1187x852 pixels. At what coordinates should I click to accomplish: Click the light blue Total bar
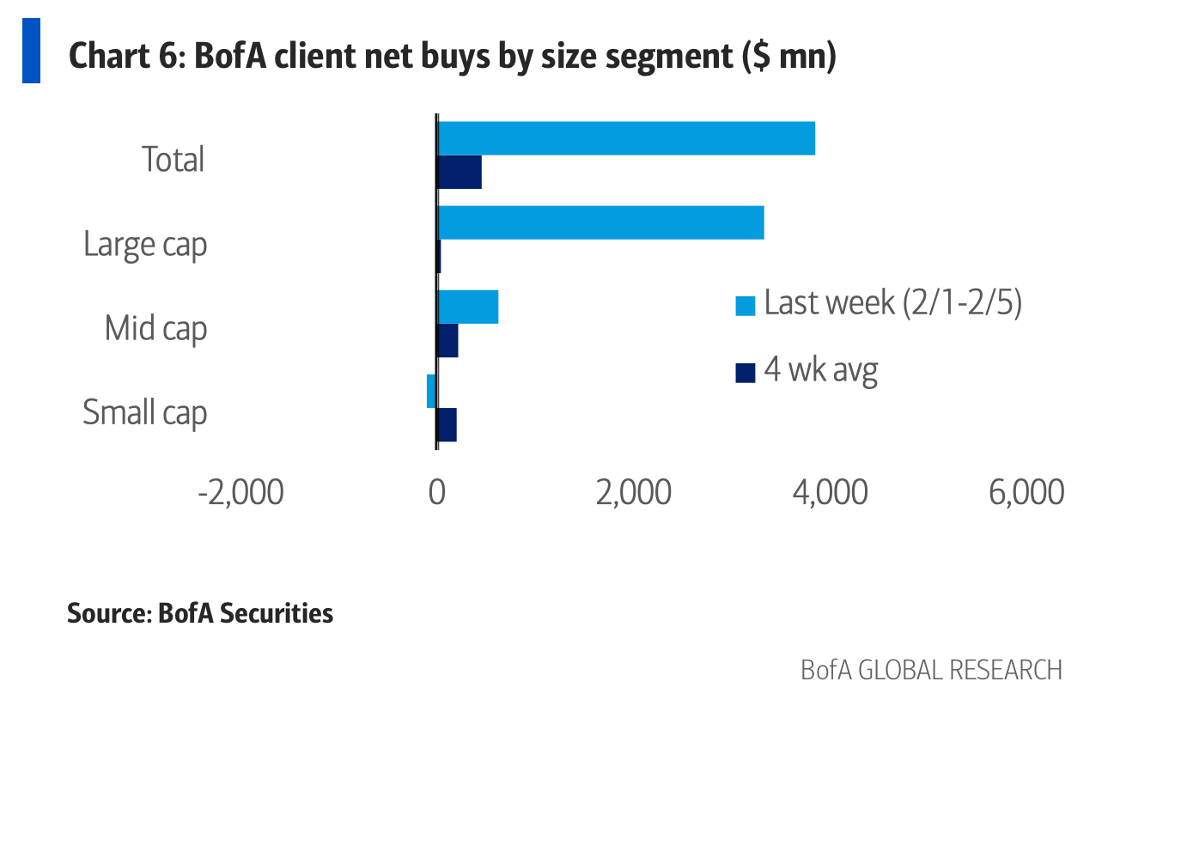click(626, 138)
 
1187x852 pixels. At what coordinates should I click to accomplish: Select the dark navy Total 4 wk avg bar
click(460, 172)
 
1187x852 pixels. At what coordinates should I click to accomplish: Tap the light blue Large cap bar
click(601, 222)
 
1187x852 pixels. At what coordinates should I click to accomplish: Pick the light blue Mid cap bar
click(468, 307)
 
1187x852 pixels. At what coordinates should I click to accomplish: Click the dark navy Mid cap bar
click(447, 340)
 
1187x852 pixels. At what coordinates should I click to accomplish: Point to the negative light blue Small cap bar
click(431, 391)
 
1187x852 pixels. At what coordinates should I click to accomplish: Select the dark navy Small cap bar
click(447, 424)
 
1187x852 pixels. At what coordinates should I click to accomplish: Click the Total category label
click(173, 160)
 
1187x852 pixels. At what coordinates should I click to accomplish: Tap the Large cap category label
click(145, 245)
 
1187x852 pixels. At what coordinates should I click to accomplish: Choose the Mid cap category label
click(155, 329)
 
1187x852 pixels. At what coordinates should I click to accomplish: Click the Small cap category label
click(144, 413)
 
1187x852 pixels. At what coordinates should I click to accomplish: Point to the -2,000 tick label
click(240, 493)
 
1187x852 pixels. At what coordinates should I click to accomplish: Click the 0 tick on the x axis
click(436, 493)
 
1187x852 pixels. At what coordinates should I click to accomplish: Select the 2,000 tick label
click(633, 493)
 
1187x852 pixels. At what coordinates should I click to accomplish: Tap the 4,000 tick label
click(830, 493)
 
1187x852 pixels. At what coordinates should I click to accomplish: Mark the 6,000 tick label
click(1026, 493)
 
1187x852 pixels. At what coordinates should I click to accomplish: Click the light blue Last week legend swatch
click(746, 305)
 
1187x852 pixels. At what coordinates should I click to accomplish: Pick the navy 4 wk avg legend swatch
click(746, 372)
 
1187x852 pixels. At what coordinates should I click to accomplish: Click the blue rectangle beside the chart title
click(31, 51)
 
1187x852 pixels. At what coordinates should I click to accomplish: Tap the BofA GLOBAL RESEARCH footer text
click(931, 670)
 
